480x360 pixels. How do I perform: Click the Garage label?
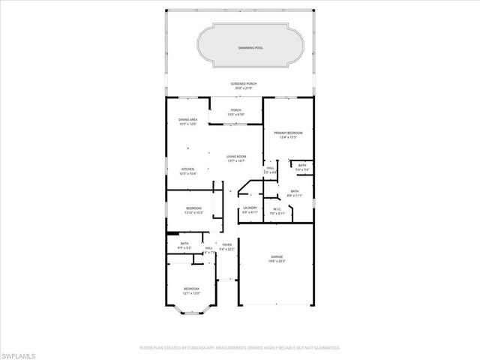click(x=277, y=257)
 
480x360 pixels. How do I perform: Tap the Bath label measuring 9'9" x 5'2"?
click(x=184, y=244)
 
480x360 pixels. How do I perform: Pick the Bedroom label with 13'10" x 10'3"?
click(x=193, y=209)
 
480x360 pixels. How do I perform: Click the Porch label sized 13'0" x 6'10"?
click(x=236, y=111)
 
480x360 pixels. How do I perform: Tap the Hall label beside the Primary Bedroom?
click(x=270, y=169)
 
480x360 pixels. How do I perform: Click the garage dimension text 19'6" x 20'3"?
click(x=277, y=262)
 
